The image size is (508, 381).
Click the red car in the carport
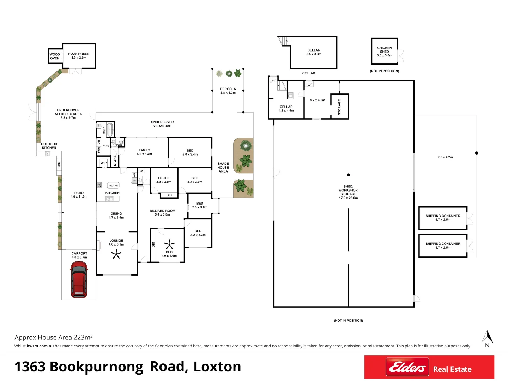pyautogui.click(x=79, y=280)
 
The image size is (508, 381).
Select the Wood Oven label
pyautogui.click(x=55, y=56)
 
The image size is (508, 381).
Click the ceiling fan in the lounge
pyautogui.click(x=116, y=254)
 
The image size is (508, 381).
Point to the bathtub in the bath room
pyautogui.click(x=110, y=129)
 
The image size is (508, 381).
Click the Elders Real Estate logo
pyautogui.click(x=429, y=367)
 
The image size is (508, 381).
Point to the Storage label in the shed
pyautogui.click(x=339, y=107)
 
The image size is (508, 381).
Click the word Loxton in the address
pyautogui.click(x=217, y=367)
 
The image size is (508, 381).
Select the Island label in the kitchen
pyautogui.click(x=113, y=186)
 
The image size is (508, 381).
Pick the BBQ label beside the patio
pyautogui.click(x=59, y=165)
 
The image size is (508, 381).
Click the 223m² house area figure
pyautogui.click(x=83, y=338)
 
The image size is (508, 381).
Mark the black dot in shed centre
pyautogui.click(x=349, y=175)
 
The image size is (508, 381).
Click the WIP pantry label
pyautogui.click(x=103, y=163)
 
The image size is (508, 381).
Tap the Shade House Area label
pyautogui.click(x=223, y=168)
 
